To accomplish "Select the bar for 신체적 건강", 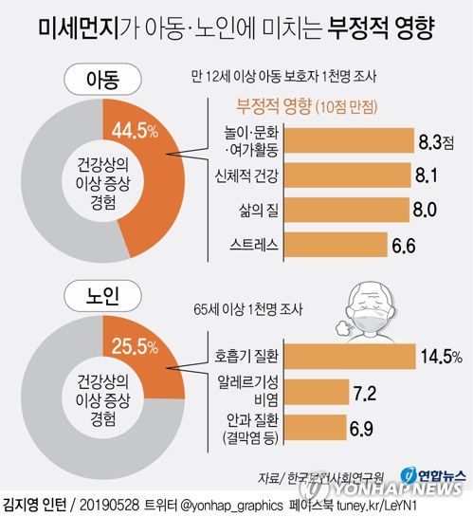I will click(347, 176).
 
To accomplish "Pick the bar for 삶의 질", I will click(346, 210).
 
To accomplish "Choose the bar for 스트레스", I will click(333, 246).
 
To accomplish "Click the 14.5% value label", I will click(440, 357).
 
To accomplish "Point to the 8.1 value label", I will click(426, 176).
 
